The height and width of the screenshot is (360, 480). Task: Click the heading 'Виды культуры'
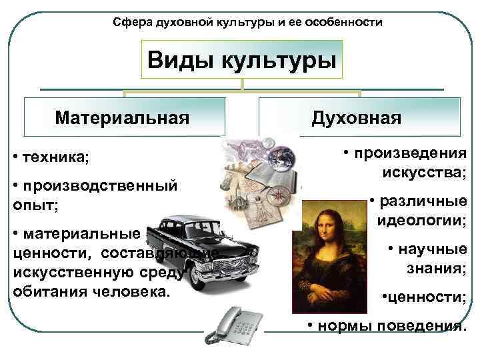[241, 61]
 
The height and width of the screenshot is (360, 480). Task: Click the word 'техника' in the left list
[54, 159]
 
